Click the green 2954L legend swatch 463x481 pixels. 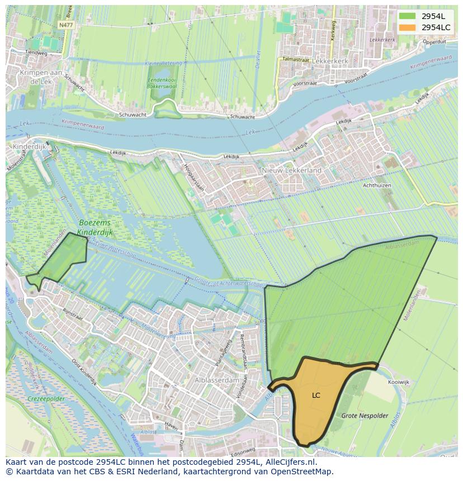(x=407, y=16)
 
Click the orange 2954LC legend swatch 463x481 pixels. (x=407, y=27)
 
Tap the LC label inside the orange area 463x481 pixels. (x=316, y=396)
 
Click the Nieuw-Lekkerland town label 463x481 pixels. (x=291, y=170)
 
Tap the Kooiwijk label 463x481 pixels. (x=398, y=382)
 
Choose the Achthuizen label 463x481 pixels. (x=377, y=185)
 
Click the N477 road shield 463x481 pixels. (x=65, y=25)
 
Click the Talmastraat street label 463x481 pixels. (x=296, y=59)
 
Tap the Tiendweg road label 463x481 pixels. (x=36, y=53)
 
